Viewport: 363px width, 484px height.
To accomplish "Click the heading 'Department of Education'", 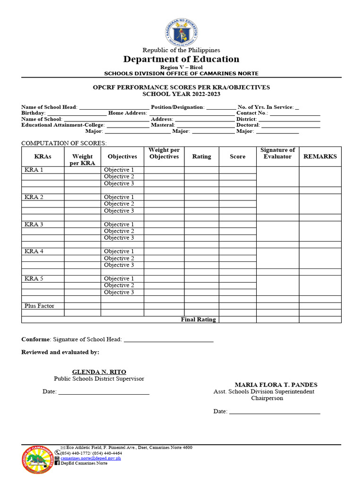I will (x=181, y=59).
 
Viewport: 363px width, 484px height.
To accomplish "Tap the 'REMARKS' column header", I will (x=320, y=156).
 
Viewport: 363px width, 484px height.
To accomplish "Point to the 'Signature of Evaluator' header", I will (x=277, y=153).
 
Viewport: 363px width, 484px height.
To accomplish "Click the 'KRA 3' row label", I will (x=34, y=225).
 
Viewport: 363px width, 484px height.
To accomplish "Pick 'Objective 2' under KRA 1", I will (x=119, y=177).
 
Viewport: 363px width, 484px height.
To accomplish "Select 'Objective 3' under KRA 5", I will (x=119, y=293).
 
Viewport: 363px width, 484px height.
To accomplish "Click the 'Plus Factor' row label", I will (x=39, y=306).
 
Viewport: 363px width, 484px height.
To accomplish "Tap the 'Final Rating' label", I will (x=198, y=320).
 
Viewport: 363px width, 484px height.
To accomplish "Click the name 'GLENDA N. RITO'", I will (x=99, y=372).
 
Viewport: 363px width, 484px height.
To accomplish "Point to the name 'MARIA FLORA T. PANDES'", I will (x=276, y=385).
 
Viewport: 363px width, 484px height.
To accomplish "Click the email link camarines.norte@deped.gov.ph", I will (x=91, y=458).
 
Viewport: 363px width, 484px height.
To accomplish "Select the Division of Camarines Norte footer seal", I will (x=38, y=459).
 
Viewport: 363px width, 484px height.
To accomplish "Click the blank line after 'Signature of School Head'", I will (x=168, y=339).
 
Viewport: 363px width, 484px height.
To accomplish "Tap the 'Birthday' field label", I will (x=33, y=113).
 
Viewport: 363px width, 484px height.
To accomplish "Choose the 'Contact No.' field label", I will (x=252, y=113).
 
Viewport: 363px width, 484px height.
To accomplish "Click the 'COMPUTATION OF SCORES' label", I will (x=64, y=143).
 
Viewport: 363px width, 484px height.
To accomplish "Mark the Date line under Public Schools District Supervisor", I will (x=104, y=392).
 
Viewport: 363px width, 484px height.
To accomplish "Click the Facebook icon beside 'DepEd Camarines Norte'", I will (x=57, y=463).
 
